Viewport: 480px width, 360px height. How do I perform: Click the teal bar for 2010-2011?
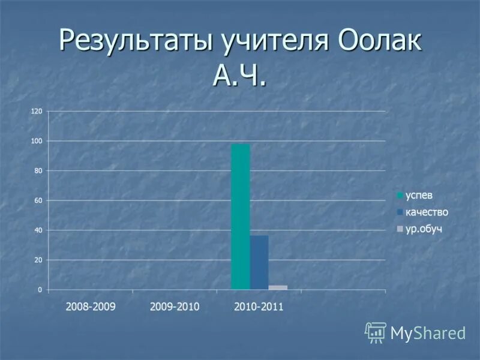241,217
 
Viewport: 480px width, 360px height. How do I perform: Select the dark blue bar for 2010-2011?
259,262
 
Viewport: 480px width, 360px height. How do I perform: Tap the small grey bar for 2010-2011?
278,287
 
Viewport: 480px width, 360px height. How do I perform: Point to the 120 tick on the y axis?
37,112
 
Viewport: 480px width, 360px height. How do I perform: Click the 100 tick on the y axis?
37,141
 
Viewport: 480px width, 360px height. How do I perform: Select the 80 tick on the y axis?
38,171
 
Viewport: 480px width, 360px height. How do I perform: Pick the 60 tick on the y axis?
38,200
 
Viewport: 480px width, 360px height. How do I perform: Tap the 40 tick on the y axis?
38,230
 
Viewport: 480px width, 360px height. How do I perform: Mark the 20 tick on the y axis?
38,260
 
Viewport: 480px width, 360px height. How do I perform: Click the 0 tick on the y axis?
40,290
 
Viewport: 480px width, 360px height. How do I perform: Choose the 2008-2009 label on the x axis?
91,307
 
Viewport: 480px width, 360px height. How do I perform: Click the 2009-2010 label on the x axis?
175,307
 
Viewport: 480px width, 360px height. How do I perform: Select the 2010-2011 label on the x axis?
259,307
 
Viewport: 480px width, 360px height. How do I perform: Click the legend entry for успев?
419,195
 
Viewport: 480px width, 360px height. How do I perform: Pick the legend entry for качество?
427,212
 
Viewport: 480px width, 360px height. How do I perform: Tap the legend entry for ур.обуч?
424,229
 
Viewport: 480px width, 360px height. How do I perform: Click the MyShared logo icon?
376,332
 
